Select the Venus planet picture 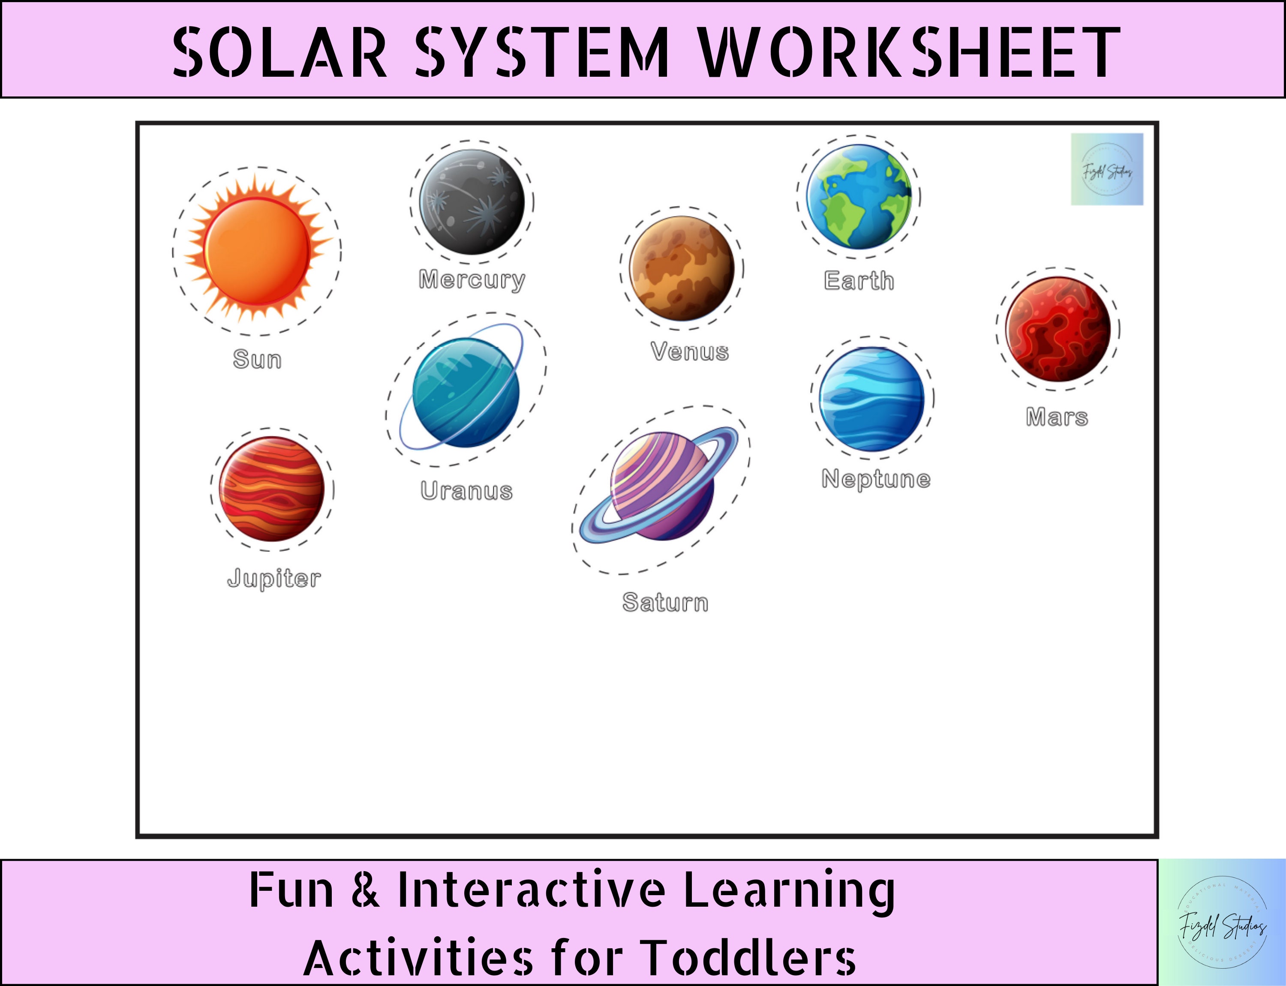(x=682, y=268)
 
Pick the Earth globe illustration (x=859, y=197)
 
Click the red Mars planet (x=1058, y=329)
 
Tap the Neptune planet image (x=871, y=399)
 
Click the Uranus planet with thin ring (x=466, y=392)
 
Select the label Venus (x=690, y=352)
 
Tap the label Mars (x=1057, y=417)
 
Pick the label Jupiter (x=274, y=578)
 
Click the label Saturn (x=665, y=603)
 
